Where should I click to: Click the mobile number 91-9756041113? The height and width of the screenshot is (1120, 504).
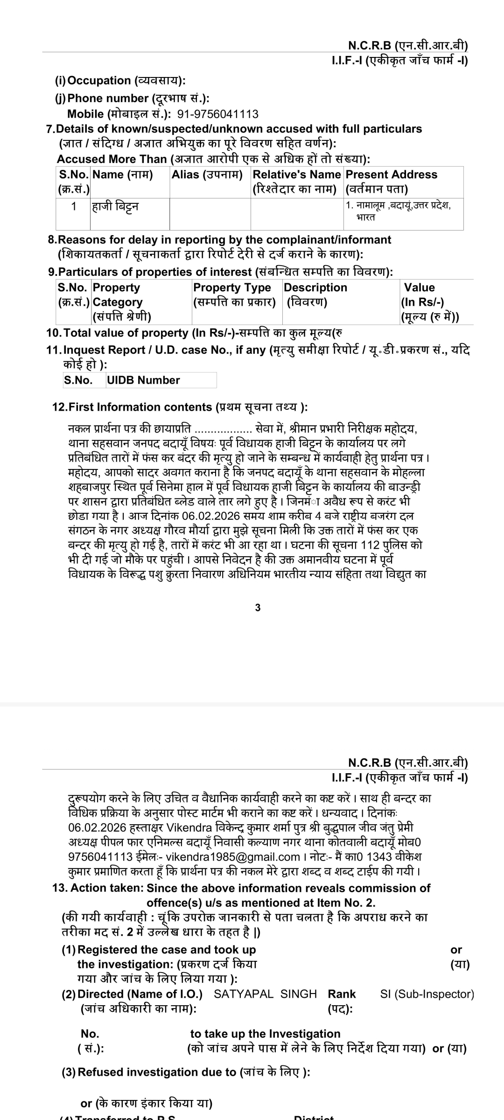[x=218, y=114]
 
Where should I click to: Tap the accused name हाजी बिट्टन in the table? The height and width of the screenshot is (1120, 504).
[x=115, y=206]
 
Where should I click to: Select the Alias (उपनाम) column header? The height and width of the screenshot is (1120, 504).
[x=207, y=175]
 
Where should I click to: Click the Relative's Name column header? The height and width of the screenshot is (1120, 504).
[x=296, y=175]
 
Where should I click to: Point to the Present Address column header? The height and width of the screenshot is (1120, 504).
[x=391, y=175]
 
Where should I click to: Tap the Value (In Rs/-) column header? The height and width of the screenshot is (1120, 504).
[x=419, y=287]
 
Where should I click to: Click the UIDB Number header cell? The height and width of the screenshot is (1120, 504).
[x=143, y=380]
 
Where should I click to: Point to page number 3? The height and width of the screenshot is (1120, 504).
[x=258, y=608]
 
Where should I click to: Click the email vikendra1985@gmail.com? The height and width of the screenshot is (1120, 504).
[x=233, y=857]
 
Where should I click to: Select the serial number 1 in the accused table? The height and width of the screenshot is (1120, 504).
[x=73, y=206]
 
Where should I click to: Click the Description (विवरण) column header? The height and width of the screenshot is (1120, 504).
[x=315, y=287]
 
